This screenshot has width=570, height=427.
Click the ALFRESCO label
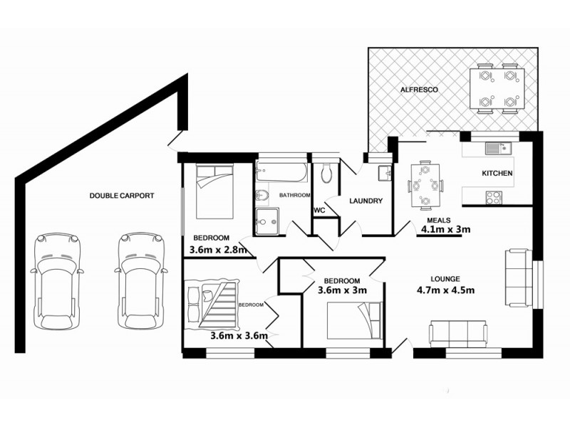tap(418, 90)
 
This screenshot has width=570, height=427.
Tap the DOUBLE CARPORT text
tap(121, 195)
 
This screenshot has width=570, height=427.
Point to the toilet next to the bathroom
tap(326, 173)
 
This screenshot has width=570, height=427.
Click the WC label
tap(321, 210)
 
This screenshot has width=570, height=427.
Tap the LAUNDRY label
tap(366, 201)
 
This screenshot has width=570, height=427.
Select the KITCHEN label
tap(497, 174)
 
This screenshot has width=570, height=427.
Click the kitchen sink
tap(492, 149)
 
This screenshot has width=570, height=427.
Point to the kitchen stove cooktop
tap(493, 196)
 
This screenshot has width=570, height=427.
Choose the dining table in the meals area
tap(425, 185)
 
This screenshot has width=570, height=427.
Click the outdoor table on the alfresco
tap(496, 88)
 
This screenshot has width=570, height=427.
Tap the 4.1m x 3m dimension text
tap(446, 229)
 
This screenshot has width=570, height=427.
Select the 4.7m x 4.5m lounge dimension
tap(446, 290)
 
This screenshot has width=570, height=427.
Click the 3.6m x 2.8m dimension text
tap(218, 250)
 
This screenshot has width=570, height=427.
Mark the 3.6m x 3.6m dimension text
tap(239, 336)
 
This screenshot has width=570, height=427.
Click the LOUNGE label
tap(445, 278)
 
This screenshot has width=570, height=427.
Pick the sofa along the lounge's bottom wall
tap(458, 333)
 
